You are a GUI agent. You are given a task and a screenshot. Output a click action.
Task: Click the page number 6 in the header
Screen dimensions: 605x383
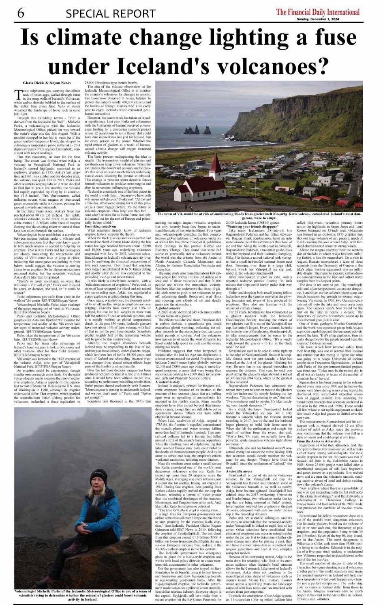coord(20,13)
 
